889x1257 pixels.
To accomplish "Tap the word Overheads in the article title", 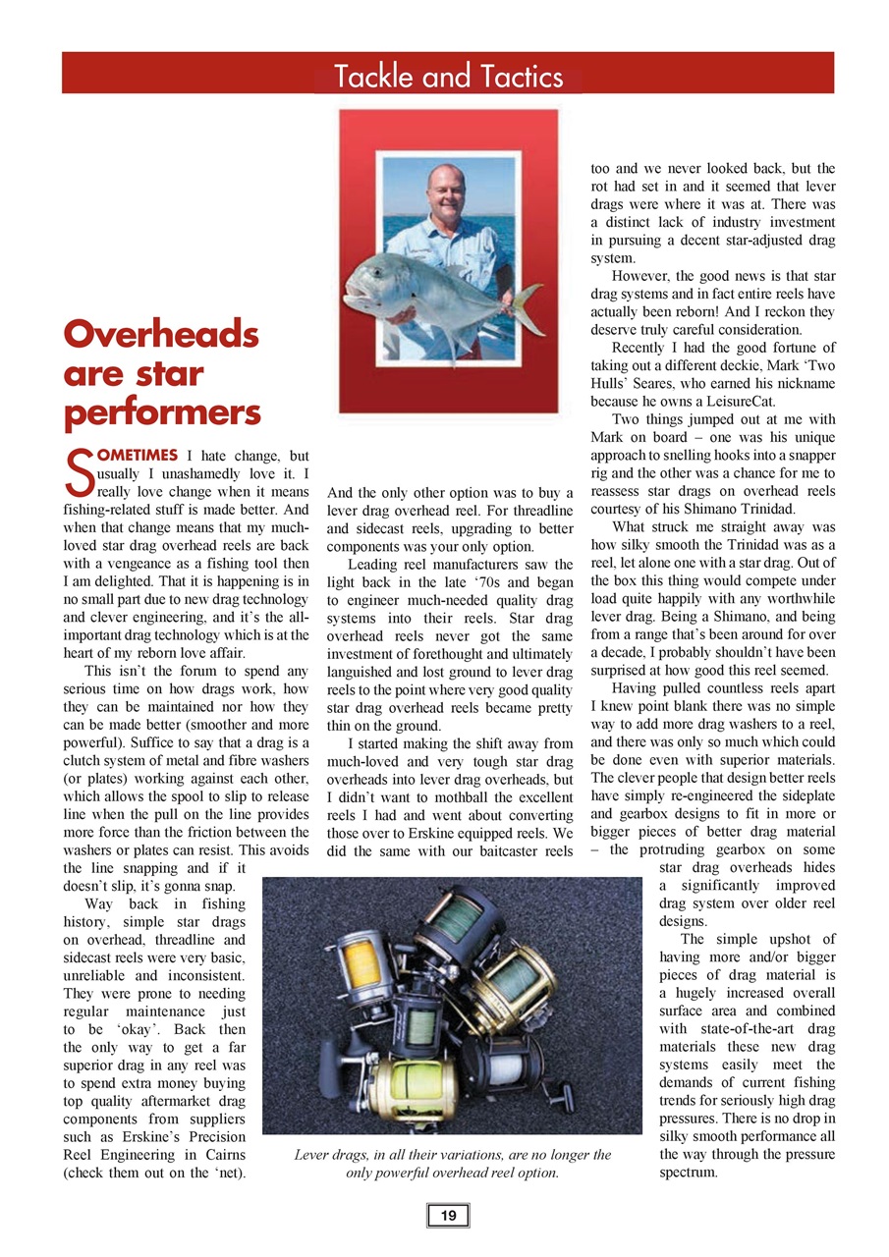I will (161, 335).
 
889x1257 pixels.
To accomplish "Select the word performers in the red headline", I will (162, 411).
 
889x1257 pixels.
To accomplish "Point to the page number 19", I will (448, 1217).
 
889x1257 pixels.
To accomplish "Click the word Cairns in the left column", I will (222, 1154).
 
